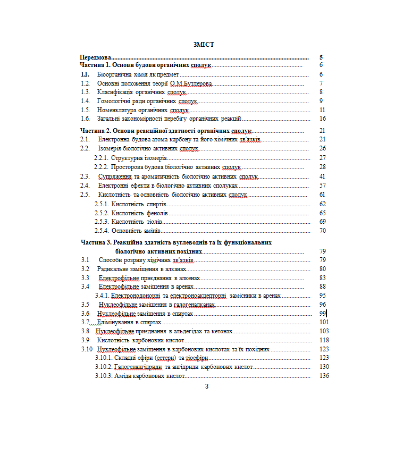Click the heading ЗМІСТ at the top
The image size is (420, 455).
(204, 44)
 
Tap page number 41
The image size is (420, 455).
(322, 176)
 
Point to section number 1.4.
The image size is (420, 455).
(85, 101)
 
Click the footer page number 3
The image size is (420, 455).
(207, 386)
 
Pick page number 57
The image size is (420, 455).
(322, 186)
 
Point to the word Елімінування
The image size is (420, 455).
(113, 322)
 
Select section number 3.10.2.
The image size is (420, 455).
(104, 367)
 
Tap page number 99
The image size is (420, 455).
(322, 314)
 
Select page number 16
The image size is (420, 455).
(322, 119)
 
